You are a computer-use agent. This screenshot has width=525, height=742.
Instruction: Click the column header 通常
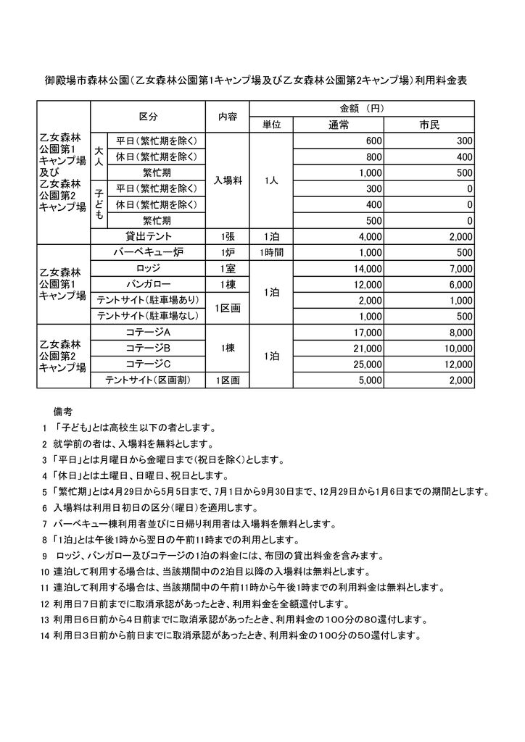point(339,125)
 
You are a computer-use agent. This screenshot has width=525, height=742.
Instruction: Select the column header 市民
point(429,125)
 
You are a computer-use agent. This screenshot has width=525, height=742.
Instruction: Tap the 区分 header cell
point(148,117)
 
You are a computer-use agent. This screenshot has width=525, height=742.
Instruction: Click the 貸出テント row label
point(148,236)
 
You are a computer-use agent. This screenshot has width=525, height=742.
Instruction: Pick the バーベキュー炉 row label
point(148,252)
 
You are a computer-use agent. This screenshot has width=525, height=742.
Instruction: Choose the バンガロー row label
point(148,284)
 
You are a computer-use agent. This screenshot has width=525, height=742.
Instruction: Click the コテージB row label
point(148,348)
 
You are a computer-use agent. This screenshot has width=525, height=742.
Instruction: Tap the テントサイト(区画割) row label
point(148,380)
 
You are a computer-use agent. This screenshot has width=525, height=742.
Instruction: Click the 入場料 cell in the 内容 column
point(227,180)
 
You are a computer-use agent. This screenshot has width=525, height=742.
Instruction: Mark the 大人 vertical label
point(98,157)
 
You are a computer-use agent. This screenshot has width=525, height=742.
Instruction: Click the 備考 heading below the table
point(63,410)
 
